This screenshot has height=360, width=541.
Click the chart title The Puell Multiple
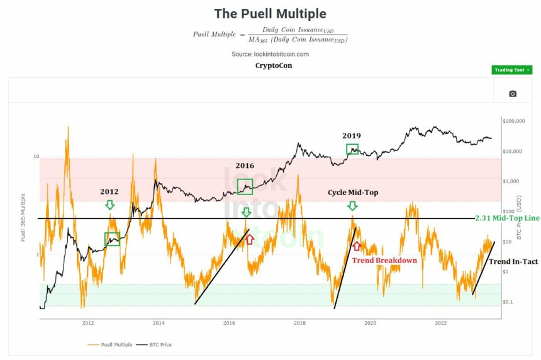[x=270, y=13]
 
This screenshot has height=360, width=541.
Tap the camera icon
[x=513, y=94]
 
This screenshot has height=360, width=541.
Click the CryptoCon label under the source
[x=274, y=65]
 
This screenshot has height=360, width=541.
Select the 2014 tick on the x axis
[x=159, y=323]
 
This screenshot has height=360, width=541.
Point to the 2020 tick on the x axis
[x=370, y=323]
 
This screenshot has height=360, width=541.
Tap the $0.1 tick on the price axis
[x=508, y=302]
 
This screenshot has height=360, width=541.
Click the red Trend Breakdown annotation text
[x=384, y=261]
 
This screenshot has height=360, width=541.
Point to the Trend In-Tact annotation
[x=513, y=261]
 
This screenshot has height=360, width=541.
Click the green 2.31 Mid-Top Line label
[x=508, y=218]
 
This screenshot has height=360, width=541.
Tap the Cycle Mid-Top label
[x=352, y=191]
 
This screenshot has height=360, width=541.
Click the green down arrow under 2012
[x=110, y=205]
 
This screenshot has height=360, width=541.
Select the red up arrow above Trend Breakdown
[x=357, y=245]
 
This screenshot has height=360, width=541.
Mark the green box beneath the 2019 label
[x=352, y=149]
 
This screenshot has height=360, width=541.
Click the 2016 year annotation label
[x=245, y=166]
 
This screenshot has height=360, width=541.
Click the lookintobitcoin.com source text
[x=270, y=54]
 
